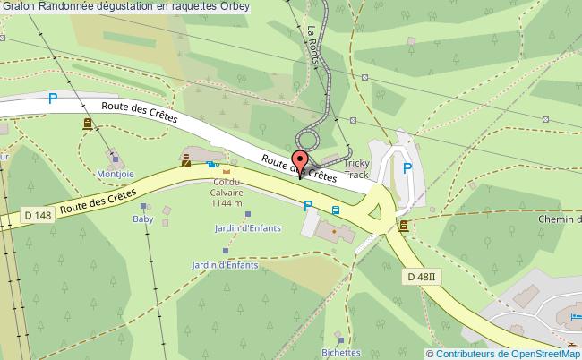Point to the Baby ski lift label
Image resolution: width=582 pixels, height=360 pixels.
143,219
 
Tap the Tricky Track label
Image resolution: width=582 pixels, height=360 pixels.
355,170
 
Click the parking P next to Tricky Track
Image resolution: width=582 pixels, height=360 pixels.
407,167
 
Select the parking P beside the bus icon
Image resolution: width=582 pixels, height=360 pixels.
309,206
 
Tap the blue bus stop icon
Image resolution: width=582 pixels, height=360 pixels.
335,211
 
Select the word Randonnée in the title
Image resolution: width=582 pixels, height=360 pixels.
64,8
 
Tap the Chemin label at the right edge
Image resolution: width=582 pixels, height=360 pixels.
560,219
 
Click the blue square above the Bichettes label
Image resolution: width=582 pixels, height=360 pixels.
339,339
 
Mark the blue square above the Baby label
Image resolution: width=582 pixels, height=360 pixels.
143,206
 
